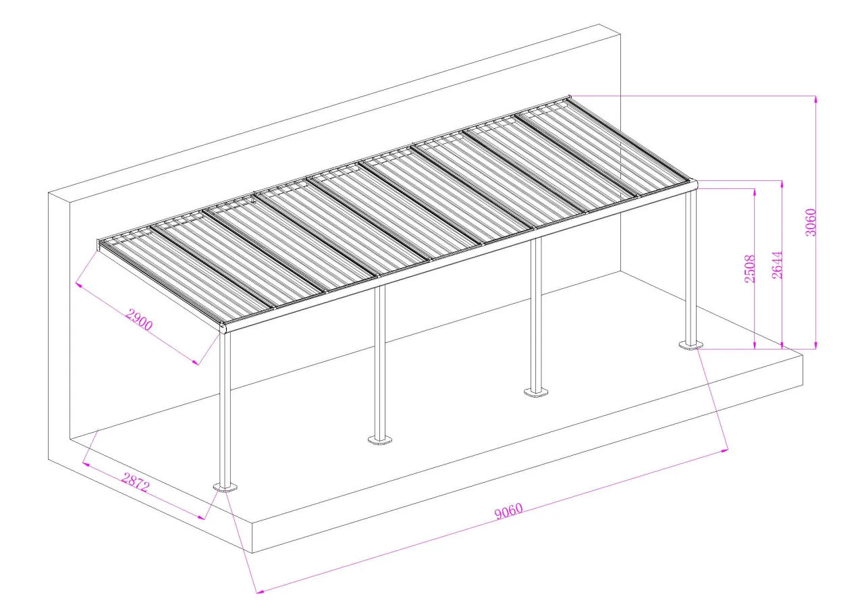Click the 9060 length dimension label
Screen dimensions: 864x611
click(508, 511)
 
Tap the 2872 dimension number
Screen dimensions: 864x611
click(135, 483)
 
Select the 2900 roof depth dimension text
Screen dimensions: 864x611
click(139, 320)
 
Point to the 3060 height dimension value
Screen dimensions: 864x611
click(811, 222)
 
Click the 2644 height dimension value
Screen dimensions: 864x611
click(777, 265)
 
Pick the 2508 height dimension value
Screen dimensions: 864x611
click(749, 269)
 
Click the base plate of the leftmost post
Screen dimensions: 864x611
click(225, 488)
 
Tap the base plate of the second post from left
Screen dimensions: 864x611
click(380, 440)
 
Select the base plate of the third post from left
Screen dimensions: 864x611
click(536, 393)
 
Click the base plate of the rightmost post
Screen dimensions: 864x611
click(691, 344)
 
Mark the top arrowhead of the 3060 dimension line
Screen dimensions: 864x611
click(816, 99)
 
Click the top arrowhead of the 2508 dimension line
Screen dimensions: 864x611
click(755, 192)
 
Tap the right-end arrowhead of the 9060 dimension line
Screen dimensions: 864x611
click(724, 450)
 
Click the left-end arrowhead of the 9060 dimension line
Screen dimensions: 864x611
click(261, 591)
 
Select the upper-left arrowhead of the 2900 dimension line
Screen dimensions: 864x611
click(79, 285)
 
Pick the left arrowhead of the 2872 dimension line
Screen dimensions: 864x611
click(86, 464)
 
